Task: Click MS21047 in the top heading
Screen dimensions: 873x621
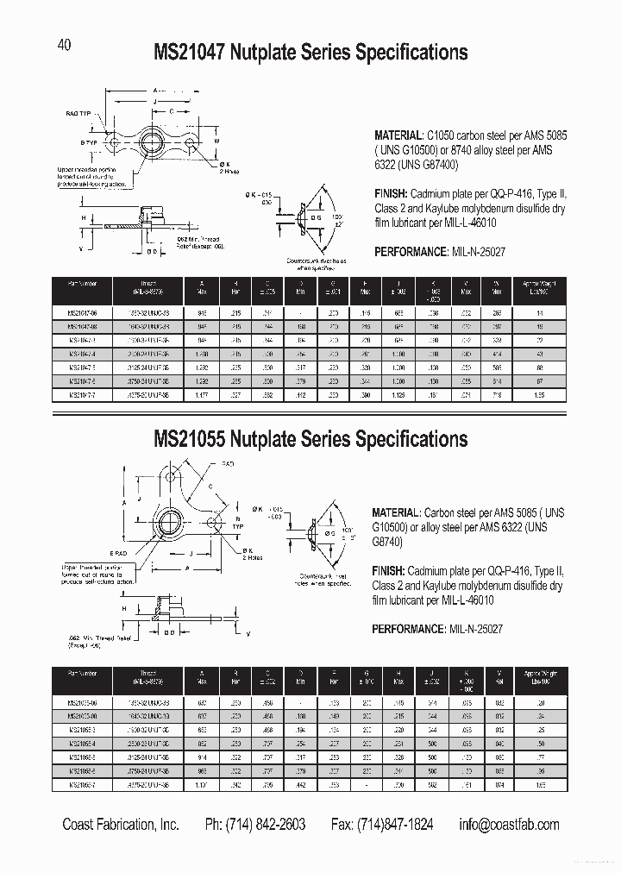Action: (x=190, y=53)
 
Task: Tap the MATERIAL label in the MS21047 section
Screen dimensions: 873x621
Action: (x=398, y=136)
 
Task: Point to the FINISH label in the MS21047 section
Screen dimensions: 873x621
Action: (x=392, y=195)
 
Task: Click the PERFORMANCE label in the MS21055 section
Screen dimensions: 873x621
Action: (x=409, y=630)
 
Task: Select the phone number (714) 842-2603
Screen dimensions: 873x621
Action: (x=254, y=825)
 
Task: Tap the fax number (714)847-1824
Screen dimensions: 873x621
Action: (x=382, y=825)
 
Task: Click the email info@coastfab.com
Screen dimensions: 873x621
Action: (x=508, y=825)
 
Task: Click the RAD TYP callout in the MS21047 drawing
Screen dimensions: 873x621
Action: (x=78, y=113)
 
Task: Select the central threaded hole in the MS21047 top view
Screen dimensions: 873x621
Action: (x=158, y=141)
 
